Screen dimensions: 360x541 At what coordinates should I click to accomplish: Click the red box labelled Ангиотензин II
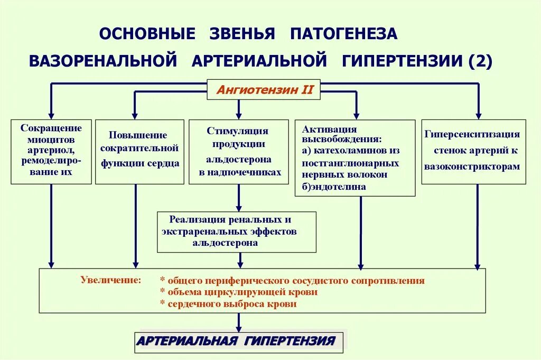coord(265,90)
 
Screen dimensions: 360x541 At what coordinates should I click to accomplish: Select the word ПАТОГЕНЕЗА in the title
coord(343,33)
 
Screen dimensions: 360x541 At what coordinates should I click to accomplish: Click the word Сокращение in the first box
coord(51,128)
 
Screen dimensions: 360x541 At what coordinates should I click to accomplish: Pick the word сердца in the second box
coord(161,163)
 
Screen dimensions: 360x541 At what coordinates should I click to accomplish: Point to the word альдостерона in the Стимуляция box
coord(239,159)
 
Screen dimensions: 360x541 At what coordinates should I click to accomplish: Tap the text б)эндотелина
coord(334,187)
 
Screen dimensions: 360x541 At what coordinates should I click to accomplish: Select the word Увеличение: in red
coord(111,280)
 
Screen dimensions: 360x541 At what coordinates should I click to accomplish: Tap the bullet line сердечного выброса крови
coord(228,304)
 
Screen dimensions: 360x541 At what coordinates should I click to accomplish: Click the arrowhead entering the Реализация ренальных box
coord(239,208)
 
